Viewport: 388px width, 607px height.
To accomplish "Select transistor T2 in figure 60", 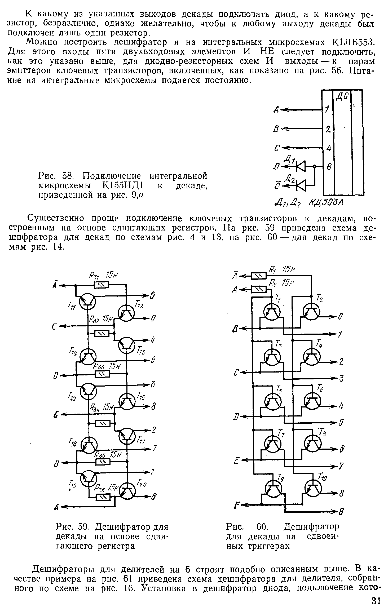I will click(x=311, y=313).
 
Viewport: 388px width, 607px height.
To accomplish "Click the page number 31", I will click(x=376, y=600).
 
